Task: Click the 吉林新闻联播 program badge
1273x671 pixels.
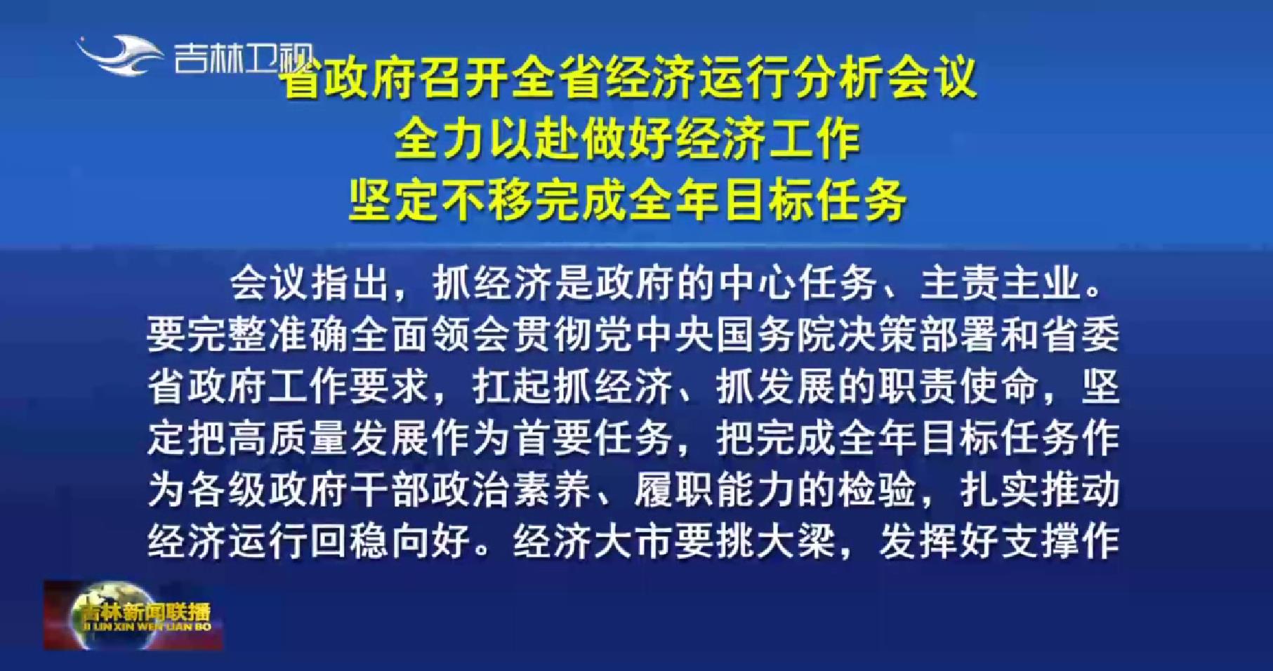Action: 133,615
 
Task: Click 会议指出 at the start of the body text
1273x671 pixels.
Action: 310,284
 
